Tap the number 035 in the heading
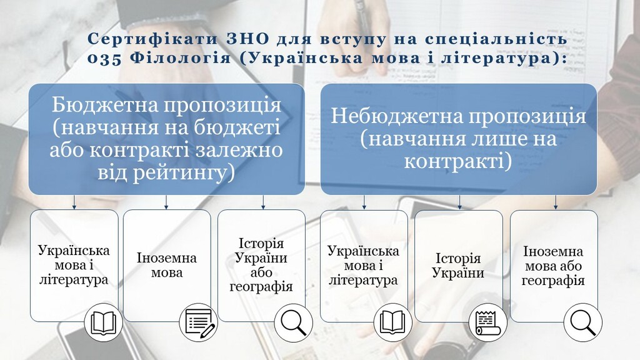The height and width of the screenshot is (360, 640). (x=104, y=58)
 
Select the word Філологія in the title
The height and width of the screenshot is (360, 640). (x=181, y=58)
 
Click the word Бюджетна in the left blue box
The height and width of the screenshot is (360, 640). (x=105, y=105)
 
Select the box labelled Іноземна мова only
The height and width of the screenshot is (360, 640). (x=167, y=266)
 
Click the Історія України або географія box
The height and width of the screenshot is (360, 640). (x=261, y=266)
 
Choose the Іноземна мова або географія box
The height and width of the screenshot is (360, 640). (x=554, y=266)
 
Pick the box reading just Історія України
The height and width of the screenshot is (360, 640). (x=458, y=266)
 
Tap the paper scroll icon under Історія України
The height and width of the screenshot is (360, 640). (x=487, y=322)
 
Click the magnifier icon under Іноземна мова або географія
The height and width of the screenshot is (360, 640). (x=583, y=322)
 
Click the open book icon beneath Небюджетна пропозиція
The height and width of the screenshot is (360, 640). (x=393, y=322)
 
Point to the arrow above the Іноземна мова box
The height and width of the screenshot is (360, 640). (x=166, y=202)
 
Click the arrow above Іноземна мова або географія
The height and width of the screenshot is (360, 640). (x=556, y=202)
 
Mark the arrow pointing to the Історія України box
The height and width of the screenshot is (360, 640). (x=459, y=202)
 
